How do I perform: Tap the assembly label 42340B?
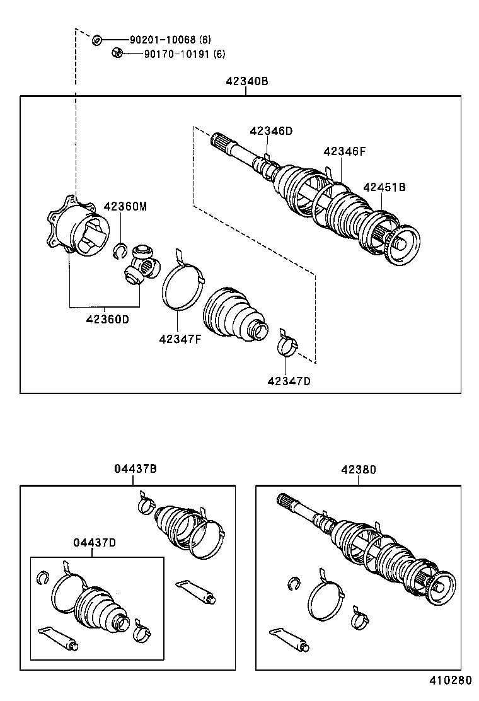[246, 81]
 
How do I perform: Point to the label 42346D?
[271, 131]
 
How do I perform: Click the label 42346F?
[345, 151]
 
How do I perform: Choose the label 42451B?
[384, 187]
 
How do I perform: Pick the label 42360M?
[125, 206]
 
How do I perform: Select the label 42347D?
[289, 381]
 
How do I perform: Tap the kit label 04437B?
[135, 469]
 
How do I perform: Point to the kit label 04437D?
[93, 542]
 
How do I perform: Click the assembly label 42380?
[359, 469]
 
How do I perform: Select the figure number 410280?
[450, 681]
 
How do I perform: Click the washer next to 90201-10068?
[97, 40]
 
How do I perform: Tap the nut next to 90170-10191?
[116, 53]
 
